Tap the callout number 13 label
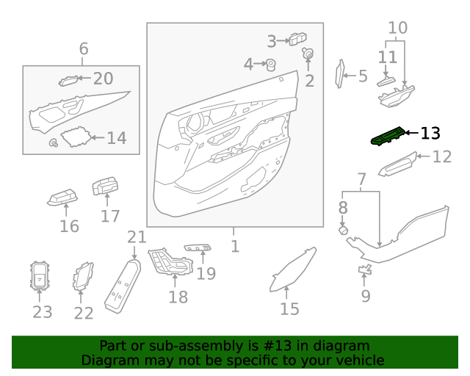point(430,134)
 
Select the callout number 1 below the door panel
point(234,247)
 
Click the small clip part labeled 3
point(297,40)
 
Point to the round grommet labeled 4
point(270,65)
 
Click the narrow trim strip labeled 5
point(339,74)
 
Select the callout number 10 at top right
point(397,29)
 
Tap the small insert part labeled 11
point(386,82)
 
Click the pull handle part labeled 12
point(397,165)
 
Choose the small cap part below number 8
point(342,231)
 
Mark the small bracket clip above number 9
point(364,271)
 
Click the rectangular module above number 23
point(40,276)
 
